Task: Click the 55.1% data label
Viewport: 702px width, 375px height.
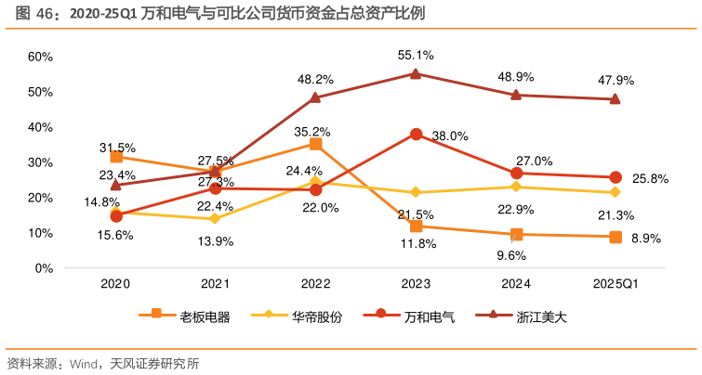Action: [x=416, y=55]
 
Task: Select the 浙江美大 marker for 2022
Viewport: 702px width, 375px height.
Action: [x=315, y=97]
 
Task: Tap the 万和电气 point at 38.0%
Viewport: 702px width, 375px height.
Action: [x=416, y=135]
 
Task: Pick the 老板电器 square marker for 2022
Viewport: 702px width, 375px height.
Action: [x=315, y=144]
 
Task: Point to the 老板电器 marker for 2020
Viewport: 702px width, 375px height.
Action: [x=115, y=157]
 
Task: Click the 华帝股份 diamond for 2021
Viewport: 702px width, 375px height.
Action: [x=215, y=219]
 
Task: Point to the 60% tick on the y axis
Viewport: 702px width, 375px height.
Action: [x=41, y=57]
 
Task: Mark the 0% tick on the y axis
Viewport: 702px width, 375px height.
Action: [x=44, y=268]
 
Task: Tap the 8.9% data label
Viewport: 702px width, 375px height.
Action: [x=645, y=239]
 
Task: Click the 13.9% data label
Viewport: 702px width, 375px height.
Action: [x=217, y=241]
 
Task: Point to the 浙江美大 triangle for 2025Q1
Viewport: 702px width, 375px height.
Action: [x=616, y=99]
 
